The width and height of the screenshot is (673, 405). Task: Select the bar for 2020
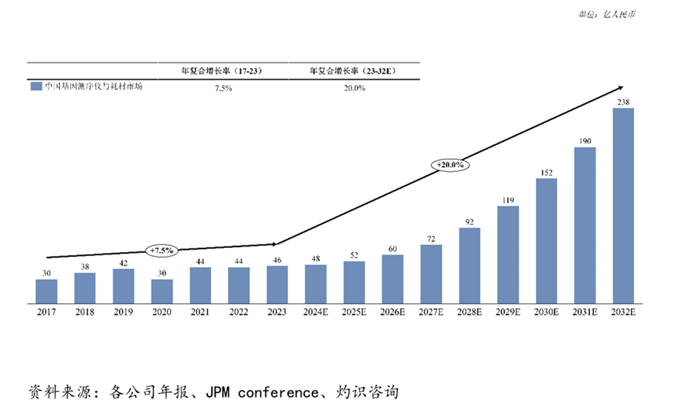(x=162, y=290)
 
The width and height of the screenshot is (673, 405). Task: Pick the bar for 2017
(x=46, y=290)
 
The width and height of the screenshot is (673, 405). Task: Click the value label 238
(x=623, y=102)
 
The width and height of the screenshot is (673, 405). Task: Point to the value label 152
(x=546, y=172)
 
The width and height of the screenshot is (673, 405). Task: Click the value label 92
(x=470, y=221)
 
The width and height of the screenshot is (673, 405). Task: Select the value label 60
(x=392, y=249)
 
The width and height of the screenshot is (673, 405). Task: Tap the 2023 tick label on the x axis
(x=277, y=312)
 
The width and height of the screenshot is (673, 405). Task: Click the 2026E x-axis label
(x=392, y=312)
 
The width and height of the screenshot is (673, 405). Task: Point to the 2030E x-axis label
(x=546, y=312)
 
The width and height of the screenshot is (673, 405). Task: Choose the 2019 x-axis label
(x=123, y=312)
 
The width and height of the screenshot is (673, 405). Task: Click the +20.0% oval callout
(x=450, y=165)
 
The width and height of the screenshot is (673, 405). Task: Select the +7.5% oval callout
(x=162, y=251)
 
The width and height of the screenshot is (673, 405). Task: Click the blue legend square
(x=35, y=87)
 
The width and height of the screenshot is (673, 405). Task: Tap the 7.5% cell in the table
(x=223, y=88)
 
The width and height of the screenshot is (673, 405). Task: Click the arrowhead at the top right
(x=620, y=87)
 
